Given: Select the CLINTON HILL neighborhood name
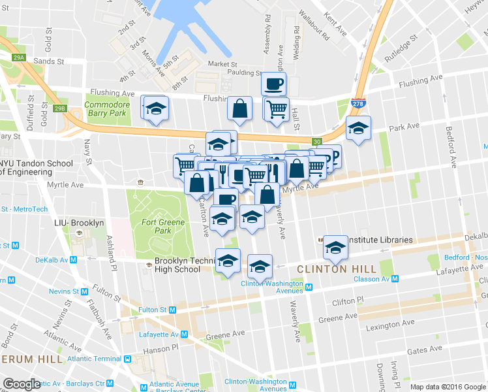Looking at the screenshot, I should pyautogui.click(x=336, y=269).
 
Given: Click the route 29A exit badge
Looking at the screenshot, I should pyautogui.click(x=19, y=58).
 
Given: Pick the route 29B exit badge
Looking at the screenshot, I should pyautogui.click(x=60, y=108).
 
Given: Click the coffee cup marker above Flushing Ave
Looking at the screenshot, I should pyautogui.click(x=273, y=84).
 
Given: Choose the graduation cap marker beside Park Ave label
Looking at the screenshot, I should pyautogui.click(x=358, y=128).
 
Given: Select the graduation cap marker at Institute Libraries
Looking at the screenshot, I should pyautogui.click(x=336, y=247).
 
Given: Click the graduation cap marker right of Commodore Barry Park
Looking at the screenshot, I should pyautogui.click(x=156, y=108).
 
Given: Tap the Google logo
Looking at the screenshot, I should pyautogui.click(x=22, y=384).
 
